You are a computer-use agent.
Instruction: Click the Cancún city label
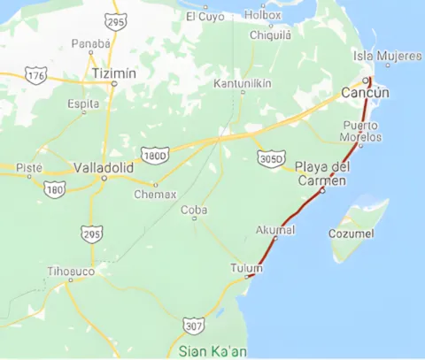tap(367, 94)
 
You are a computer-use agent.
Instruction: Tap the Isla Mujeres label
tap(388, 57)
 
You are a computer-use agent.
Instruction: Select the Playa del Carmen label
tap(322, 173)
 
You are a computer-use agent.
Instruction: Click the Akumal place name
tap(274, 230)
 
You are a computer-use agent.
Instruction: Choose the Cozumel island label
tap(352, 234)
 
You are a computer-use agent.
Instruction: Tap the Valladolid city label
tap(104, 166)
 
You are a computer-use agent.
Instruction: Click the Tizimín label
tap(114, 73)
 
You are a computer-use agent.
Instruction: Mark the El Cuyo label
tap(205, 16)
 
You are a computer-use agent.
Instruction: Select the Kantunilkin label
tap(243, 84)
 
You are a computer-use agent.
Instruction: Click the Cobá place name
tap(194, 210)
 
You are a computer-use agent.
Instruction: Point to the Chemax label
tap(155, 194)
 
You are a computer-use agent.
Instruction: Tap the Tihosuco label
tap(71, 271)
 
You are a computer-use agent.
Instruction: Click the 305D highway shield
tap(271, 158)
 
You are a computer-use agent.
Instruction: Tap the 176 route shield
tap(36, 77)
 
